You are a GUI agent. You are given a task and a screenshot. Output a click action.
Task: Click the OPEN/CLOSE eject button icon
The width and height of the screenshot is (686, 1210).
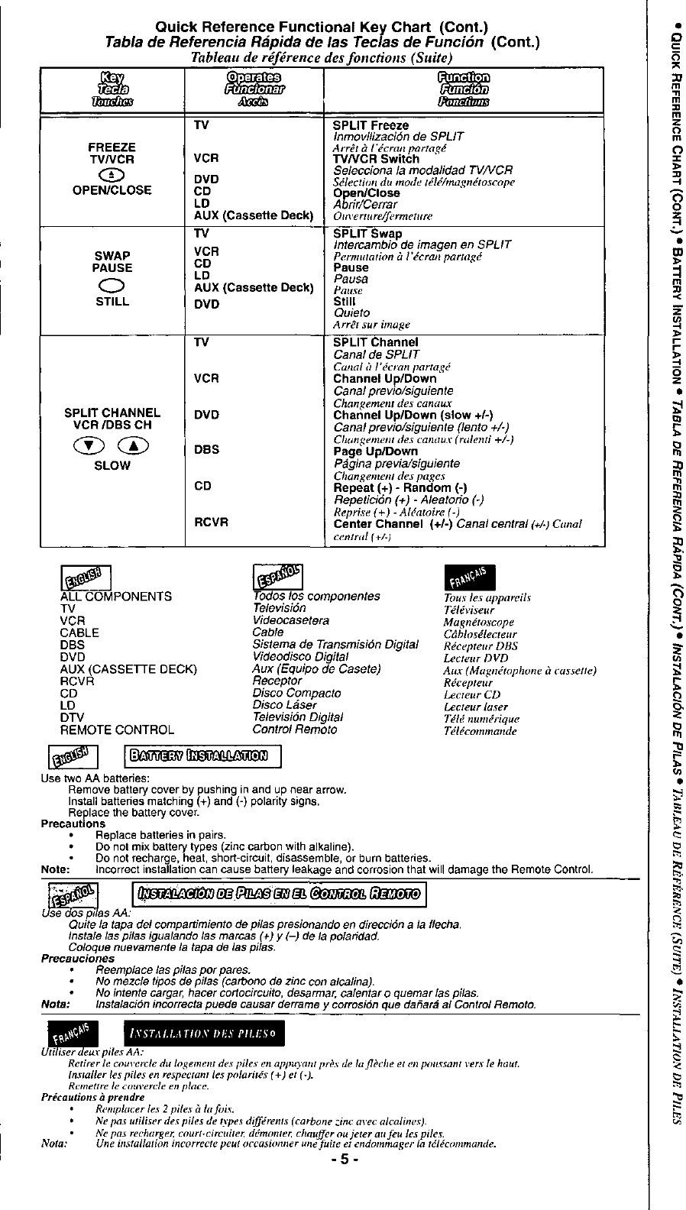click(x=112, y=174)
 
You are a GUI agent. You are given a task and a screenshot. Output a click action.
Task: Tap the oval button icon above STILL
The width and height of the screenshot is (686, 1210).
click(x=112, y=286)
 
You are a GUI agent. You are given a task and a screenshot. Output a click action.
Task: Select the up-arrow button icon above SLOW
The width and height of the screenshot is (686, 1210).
click(x=133, y=448)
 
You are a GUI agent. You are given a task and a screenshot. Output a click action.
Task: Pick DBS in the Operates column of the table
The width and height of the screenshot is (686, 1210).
click(x=206, y=450)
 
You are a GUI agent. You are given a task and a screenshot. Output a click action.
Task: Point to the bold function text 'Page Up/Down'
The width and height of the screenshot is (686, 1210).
click(x=375, y=451)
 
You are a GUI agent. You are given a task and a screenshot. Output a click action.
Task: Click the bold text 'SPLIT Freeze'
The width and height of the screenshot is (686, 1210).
click(x=371, y=125)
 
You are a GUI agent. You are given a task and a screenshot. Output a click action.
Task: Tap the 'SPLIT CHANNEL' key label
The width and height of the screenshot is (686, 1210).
click(x=112, y=412)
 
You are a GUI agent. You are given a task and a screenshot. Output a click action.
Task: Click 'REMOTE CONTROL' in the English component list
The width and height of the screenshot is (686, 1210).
click(x=117, y=730)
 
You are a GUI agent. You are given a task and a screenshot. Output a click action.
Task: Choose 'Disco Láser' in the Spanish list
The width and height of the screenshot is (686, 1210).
click(x=284, y=705)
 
